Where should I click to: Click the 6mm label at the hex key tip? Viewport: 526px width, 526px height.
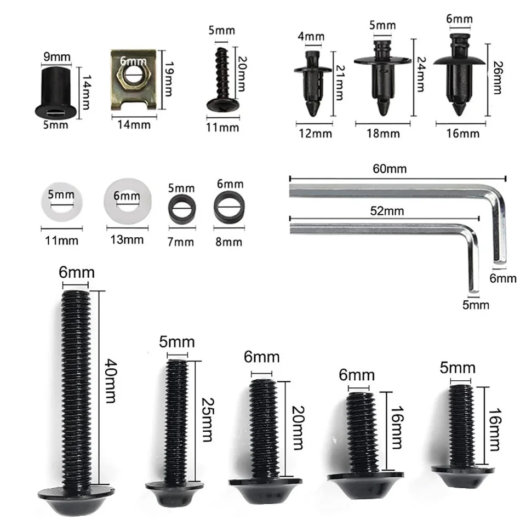point(502,278)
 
